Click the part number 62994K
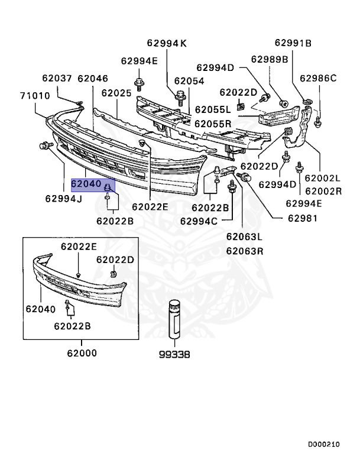click(167, 43)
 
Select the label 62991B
click(292, 43)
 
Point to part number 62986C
click(317, 78)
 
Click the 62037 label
click(56, 78)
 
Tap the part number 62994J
click(63, 198)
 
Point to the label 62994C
click(199, 221)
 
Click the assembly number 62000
click(82, 354)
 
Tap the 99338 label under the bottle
click(174, 355)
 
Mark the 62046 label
click(92, 78)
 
